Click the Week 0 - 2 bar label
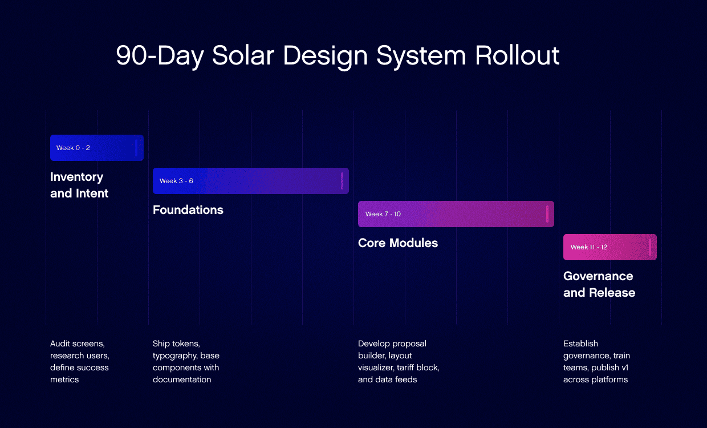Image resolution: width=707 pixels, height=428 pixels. click(73, 148)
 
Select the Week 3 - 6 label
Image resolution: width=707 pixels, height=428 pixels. click(176, 181)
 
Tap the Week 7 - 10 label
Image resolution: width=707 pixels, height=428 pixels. click(383, 214)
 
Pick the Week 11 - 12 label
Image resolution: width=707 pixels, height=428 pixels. click(588, 247)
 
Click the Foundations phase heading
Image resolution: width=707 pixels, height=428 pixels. click(188, 210)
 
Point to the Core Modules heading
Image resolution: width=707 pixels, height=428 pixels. click(398, 243)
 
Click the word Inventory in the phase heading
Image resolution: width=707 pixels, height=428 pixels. click(77, 177)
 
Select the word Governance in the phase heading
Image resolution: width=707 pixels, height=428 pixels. click(598, 276)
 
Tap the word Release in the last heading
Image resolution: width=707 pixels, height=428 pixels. click(612, 293)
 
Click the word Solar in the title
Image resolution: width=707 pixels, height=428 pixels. click(243, 55)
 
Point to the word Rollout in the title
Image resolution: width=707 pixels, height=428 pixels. click(517, 55)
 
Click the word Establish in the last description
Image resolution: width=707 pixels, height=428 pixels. click(580, 344)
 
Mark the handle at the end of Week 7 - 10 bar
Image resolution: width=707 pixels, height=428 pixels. click(547, 214)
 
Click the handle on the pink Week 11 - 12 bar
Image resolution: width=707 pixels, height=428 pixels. click(650, 247)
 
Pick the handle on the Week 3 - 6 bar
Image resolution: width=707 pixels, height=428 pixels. click(342, 181)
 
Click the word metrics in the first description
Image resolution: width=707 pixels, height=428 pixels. click(64, 379)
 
